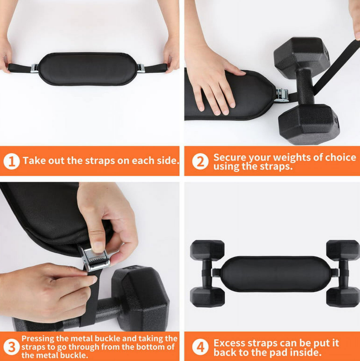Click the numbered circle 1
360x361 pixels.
coord(11,161)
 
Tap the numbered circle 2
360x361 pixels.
coord(200,161)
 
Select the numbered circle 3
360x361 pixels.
coord(11,347)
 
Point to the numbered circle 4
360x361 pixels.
coord(200,347)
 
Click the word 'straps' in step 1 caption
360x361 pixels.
coord(100,161)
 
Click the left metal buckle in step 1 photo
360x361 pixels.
coord(34,68)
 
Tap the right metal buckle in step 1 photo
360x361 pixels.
coord(141,68)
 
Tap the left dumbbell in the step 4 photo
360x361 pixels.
coord(207,273)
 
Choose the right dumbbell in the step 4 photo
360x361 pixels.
coord(343,273)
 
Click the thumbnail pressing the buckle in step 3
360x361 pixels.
coord(98,246)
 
